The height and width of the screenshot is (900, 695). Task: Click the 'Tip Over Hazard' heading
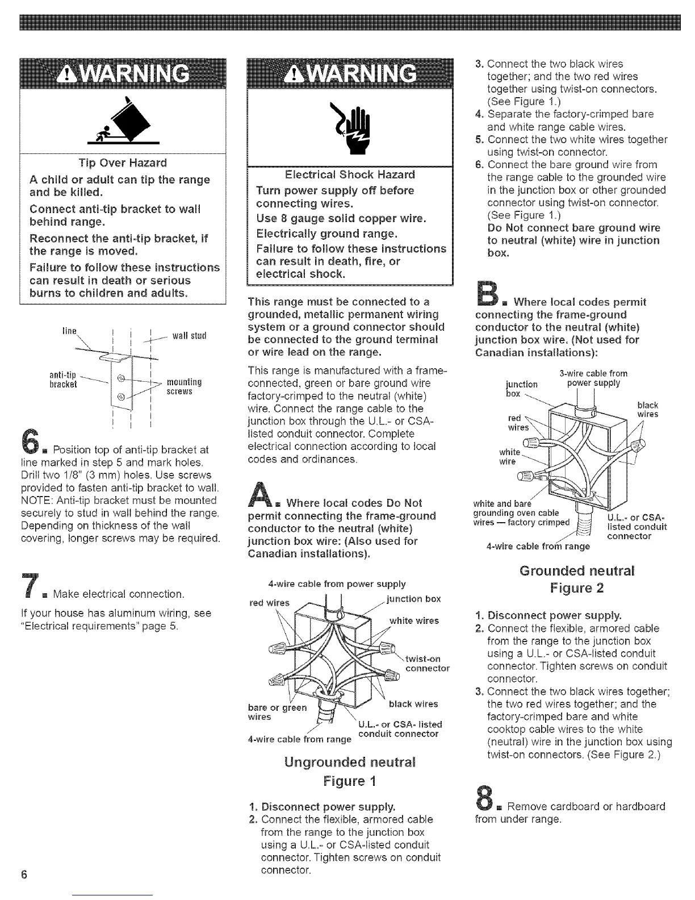coord(123,163)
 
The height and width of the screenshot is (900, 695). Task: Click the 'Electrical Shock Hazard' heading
coord(350,174)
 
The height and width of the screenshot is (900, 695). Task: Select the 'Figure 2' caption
coord(576,588)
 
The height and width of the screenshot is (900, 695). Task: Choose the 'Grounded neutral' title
coord(576,570)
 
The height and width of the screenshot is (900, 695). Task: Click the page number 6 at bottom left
coord(24,874)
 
